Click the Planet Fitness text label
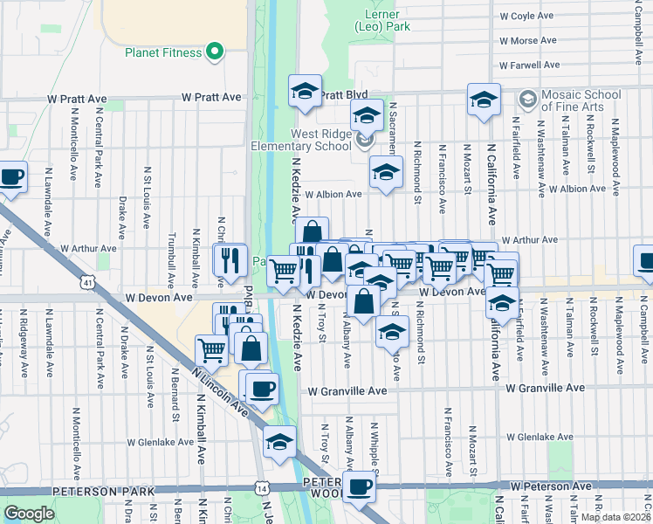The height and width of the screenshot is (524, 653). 163,52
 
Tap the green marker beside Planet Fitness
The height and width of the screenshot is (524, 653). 212,52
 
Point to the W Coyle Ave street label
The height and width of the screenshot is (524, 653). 526,16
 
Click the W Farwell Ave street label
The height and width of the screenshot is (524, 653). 528,65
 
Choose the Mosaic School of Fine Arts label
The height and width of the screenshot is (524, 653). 580,100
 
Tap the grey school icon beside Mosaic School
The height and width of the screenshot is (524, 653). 526,97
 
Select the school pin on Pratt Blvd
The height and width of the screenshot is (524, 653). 305,92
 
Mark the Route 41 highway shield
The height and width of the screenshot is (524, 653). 85,282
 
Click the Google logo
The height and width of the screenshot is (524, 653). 29,513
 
